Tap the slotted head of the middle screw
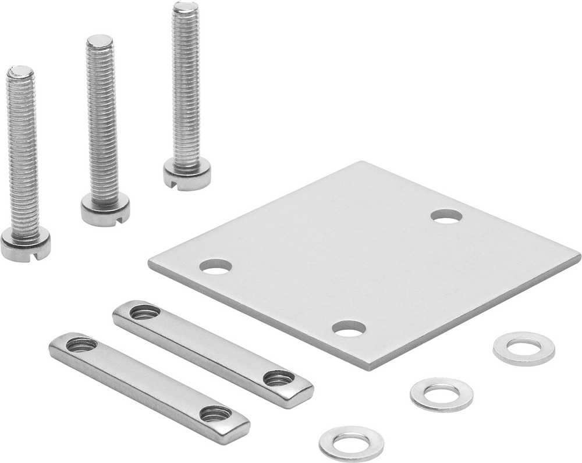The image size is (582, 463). click(105, 211)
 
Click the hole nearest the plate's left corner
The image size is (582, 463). click(215, 266)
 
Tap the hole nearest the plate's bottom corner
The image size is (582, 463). click(349, 329)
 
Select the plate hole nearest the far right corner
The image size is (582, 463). click(446, 216)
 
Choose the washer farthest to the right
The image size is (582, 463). click(523, 348)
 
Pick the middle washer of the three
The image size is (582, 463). click(441, 394)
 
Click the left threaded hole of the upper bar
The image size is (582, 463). click(144, 312)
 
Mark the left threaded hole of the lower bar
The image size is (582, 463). click(81, 345)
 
